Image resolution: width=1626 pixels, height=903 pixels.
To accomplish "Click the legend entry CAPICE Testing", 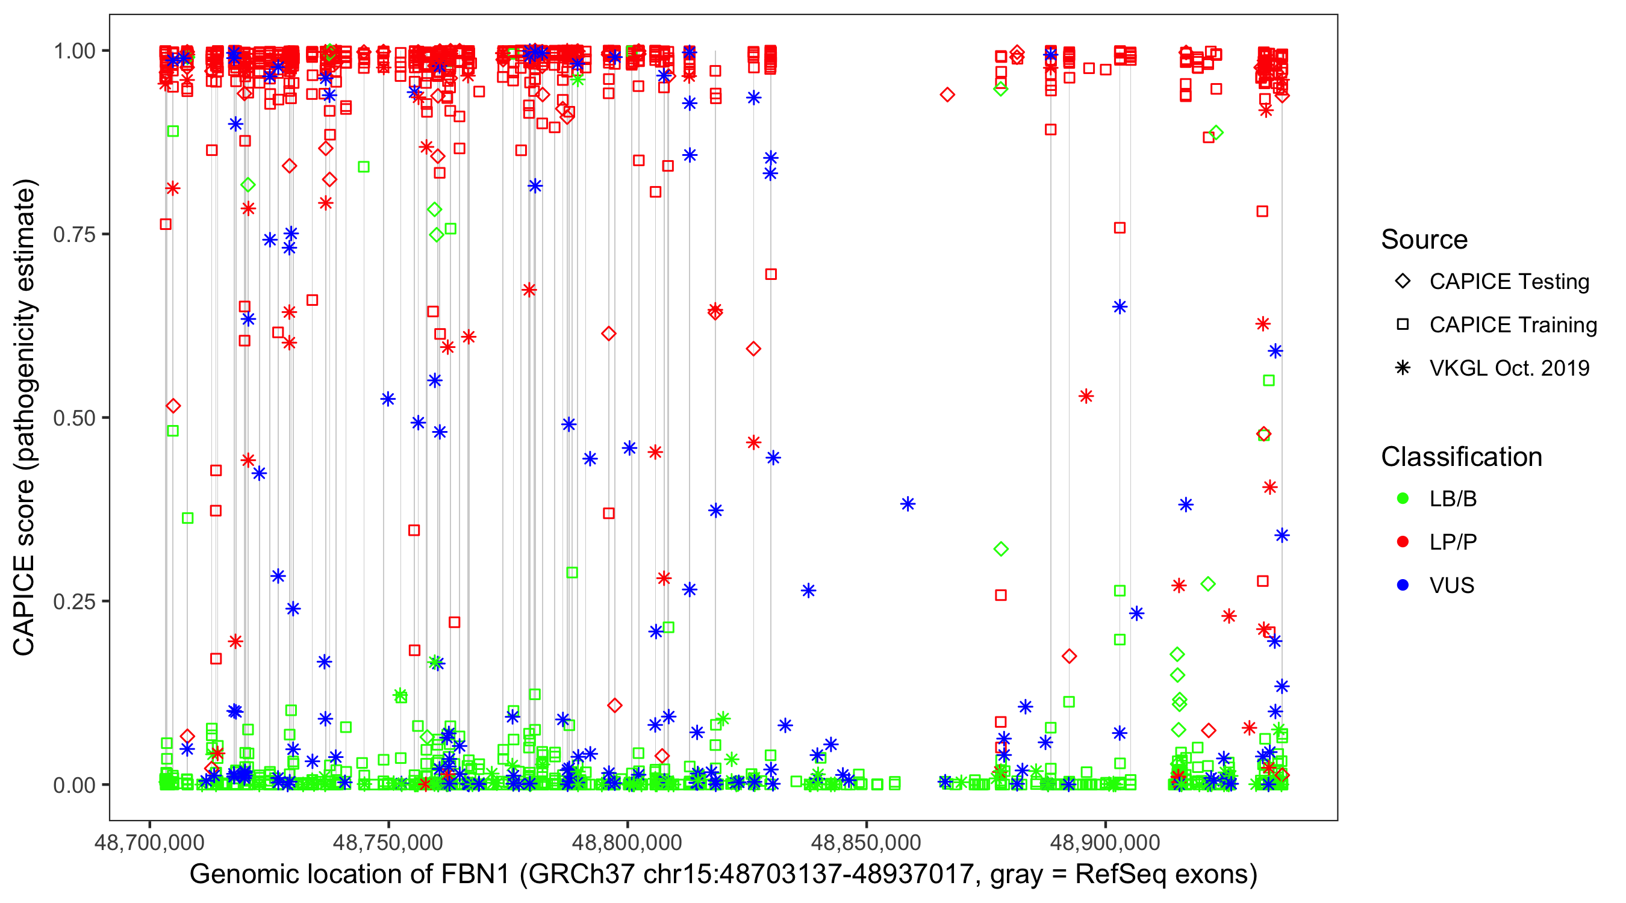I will (1509, 282).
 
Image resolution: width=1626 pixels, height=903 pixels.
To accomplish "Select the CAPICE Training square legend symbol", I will (1403, 324).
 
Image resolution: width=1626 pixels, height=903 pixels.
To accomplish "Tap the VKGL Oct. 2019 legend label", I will (1509, 368).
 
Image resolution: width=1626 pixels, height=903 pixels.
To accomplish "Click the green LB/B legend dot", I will (1403, 498).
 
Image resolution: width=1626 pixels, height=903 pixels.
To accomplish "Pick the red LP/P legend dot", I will (1403, 542).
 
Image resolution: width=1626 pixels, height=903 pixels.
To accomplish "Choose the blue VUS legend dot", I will (1403, 585).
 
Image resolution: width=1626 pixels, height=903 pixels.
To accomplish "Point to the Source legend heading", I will (1424, 240).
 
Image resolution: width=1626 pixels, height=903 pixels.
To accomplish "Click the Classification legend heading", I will (1461, 457).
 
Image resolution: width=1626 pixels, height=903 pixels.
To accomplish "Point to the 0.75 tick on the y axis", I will (73, 235).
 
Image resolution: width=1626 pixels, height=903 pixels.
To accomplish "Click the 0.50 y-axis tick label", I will (73, 418).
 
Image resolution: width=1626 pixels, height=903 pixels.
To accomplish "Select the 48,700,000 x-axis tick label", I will (149, 842).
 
